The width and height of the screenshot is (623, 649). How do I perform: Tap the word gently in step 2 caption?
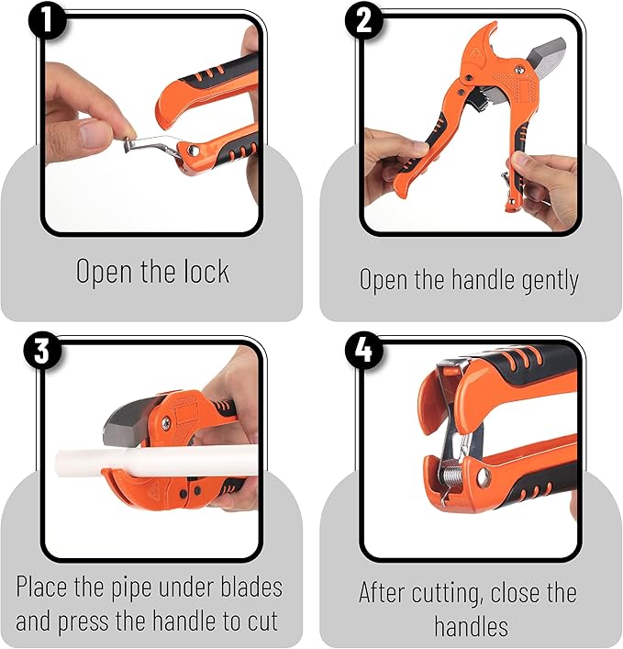(x=541, y=279)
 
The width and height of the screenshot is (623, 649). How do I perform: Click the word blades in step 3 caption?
(x=242, y=587)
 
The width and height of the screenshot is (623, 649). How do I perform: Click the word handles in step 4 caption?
(x=471, y=626)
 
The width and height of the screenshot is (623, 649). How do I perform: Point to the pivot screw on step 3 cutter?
(x=165, y=422)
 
